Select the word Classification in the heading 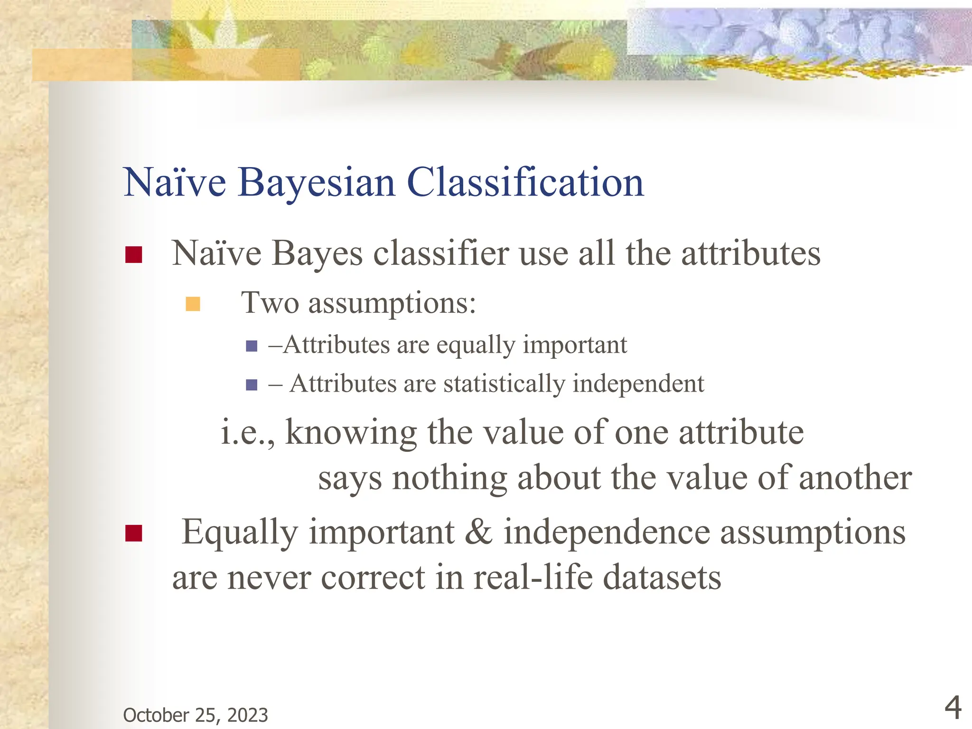coord(525,183)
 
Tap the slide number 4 coord(953,708)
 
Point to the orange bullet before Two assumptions coord(193,304)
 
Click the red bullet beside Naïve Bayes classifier coord(134,255)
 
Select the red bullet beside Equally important coord(134,533)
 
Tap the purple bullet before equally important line coord(252,346)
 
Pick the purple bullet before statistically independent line coord(252,384)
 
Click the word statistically coord(504,383)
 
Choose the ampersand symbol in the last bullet coord(478,532)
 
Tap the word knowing coord(351,433)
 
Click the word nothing coord(449,478)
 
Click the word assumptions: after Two coord(392,303)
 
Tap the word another coord(855,478)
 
